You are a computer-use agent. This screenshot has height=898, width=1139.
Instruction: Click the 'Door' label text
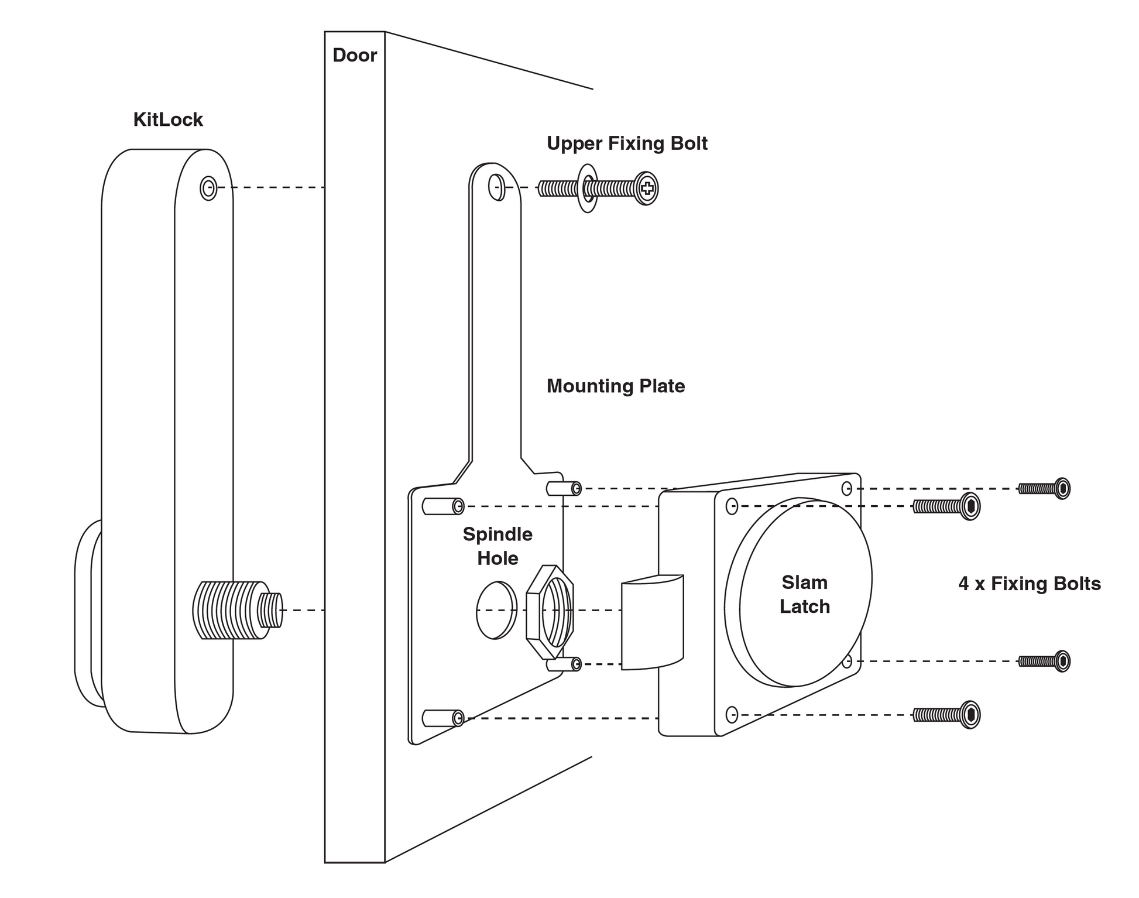click(x=355, y=55)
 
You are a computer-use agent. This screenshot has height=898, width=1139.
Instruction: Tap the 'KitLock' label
click(x=168, y=119)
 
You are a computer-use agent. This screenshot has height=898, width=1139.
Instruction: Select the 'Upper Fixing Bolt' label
click(x=627, y=143)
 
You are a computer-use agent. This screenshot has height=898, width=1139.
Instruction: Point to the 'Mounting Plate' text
click(x=616, y=386)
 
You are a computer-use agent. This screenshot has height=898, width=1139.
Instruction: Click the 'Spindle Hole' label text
click(x=498, y=546)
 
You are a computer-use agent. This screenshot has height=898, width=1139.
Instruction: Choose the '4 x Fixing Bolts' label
click(x=1030, y=584)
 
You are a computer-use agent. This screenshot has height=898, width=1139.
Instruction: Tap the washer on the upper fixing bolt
click(x=588, y=188)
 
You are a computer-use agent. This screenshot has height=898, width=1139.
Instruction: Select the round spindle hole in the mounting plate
click(x=496, y=610)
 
